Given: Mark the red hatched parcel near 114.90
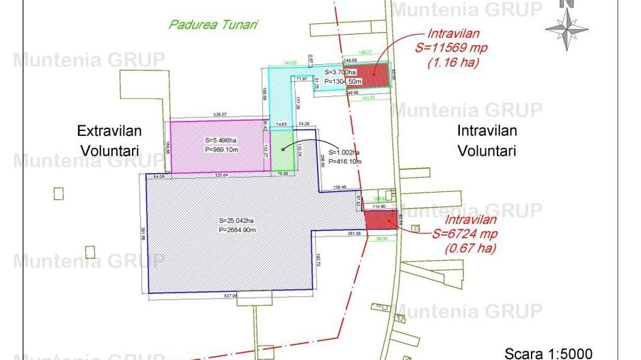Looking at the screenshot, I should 380,220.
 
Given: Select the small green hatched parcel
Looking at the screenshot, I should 282,149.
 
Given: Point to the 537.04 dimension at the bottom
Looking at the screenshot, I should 230,296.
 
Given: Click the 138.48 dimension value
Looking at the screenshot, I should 340,187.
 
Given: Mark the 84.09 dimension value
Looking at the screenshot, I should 159,176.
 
